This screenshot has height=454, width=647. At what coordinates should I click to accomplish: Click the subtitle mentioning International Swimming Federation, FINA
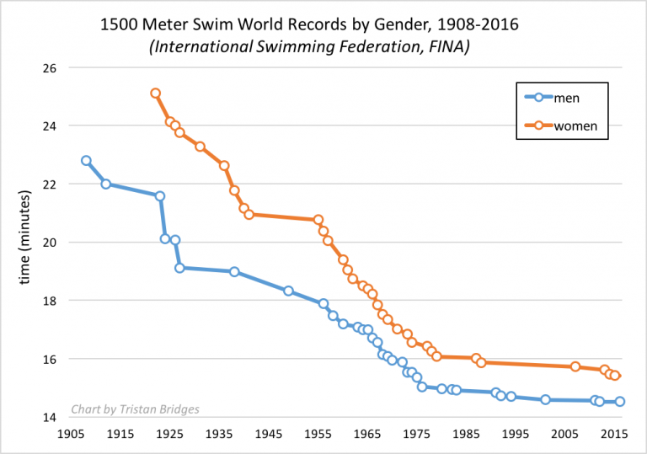(x=309, y=48)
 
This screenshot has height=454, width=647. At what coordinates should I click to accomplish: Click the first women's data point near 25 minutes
(x=156, y=93)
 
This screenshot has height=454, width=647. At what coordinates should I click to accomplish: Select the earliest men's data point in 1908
(x=86, y=160)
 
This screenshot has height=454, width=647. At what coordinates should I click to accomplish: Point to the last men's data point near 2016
(x=620, y=402)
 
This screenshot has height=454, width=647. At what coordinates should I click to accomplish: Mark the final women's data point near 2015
(x=615, y=376)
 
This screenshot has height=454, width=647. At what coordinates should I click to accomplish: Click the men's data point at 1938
(x=234, y=271)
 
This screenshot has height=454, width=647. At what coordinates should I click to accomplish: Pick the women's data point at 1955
(x=318, y=220)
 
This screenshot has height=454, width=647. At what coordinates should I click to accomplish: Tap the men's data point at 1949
(x=288, y=291)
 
